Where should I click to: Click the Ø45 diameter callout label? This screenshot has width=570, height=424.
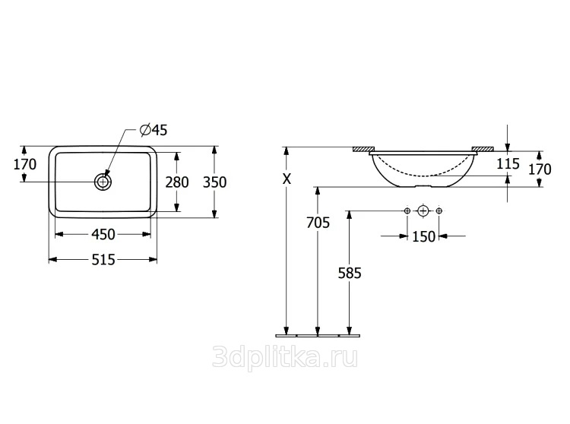click(154, 130)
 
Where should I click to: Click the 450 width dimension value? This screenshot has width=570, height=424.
click(103, 234)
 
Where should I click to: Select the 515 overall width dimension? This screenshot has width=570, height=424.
click(103, 260)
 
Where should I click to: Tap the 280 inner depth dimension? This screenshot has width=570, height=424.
click(177, 182)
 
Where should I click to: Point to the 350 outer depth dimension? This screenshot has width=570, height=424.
click(214, 182)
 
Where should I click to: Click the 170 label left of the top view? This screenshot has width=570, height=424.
click(25, 165)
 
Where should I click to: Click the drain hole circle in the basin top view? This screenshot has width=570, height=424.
click(103, 182)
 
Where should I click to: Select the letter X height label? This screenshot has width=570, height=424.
click(287, 179)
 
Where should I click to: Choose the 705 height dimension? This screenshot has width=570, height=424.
click(318, 223)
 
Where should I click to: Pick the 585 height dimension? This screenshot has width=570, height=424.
click(350, 273)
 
